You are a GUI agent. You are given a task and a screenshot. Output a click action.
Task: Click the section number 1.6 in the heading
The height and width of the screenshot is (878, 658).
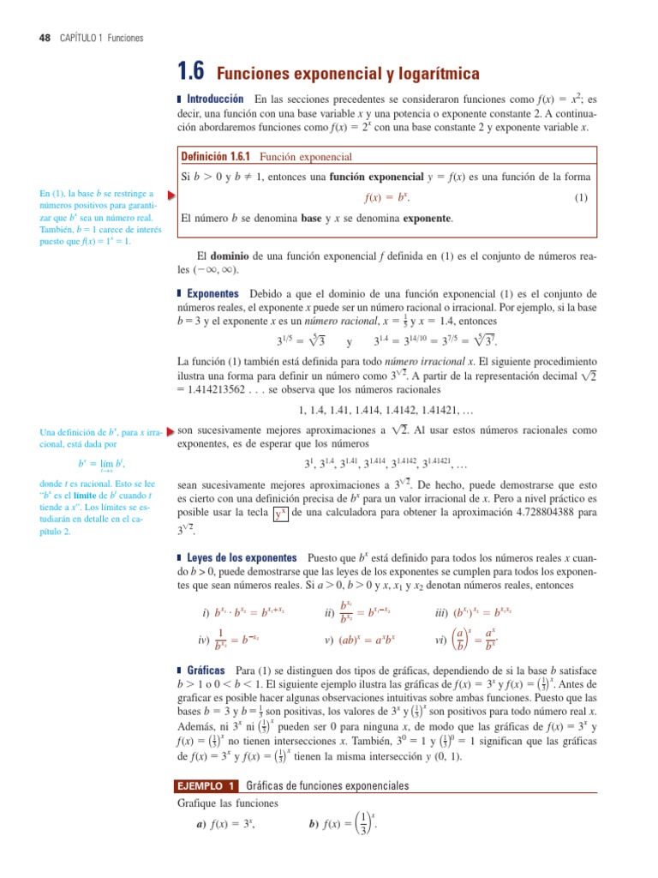point(192,73)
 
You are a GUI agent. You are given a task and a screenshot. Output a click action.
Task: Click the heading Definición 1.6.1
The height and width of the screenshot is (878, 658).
point(217,157)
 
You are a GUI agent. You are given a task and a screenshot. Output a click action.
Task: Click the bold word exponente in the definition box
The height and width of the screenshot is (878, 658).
point(422,219)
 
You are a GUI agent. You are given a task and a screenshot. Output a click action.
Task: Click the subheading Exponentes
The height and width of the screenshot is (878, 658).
point(212,294)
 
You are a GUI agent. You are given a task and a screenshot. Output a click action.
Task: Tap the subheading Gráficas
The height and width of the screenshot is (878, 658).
point(206,668)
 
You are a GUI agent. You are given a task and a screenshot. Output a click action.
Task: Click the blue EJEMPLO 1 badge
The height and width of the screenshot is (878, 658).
point(206,786)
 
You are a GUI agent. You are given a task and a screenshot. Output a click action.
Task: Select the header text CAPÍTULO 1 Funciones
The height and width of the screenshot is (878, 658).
point(102,39)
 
